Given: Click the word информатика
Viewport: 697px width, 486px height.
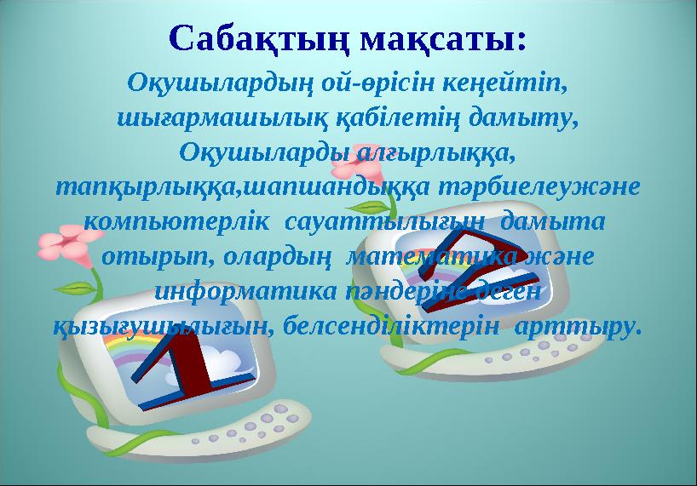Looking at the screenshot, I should pos(251,291).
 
